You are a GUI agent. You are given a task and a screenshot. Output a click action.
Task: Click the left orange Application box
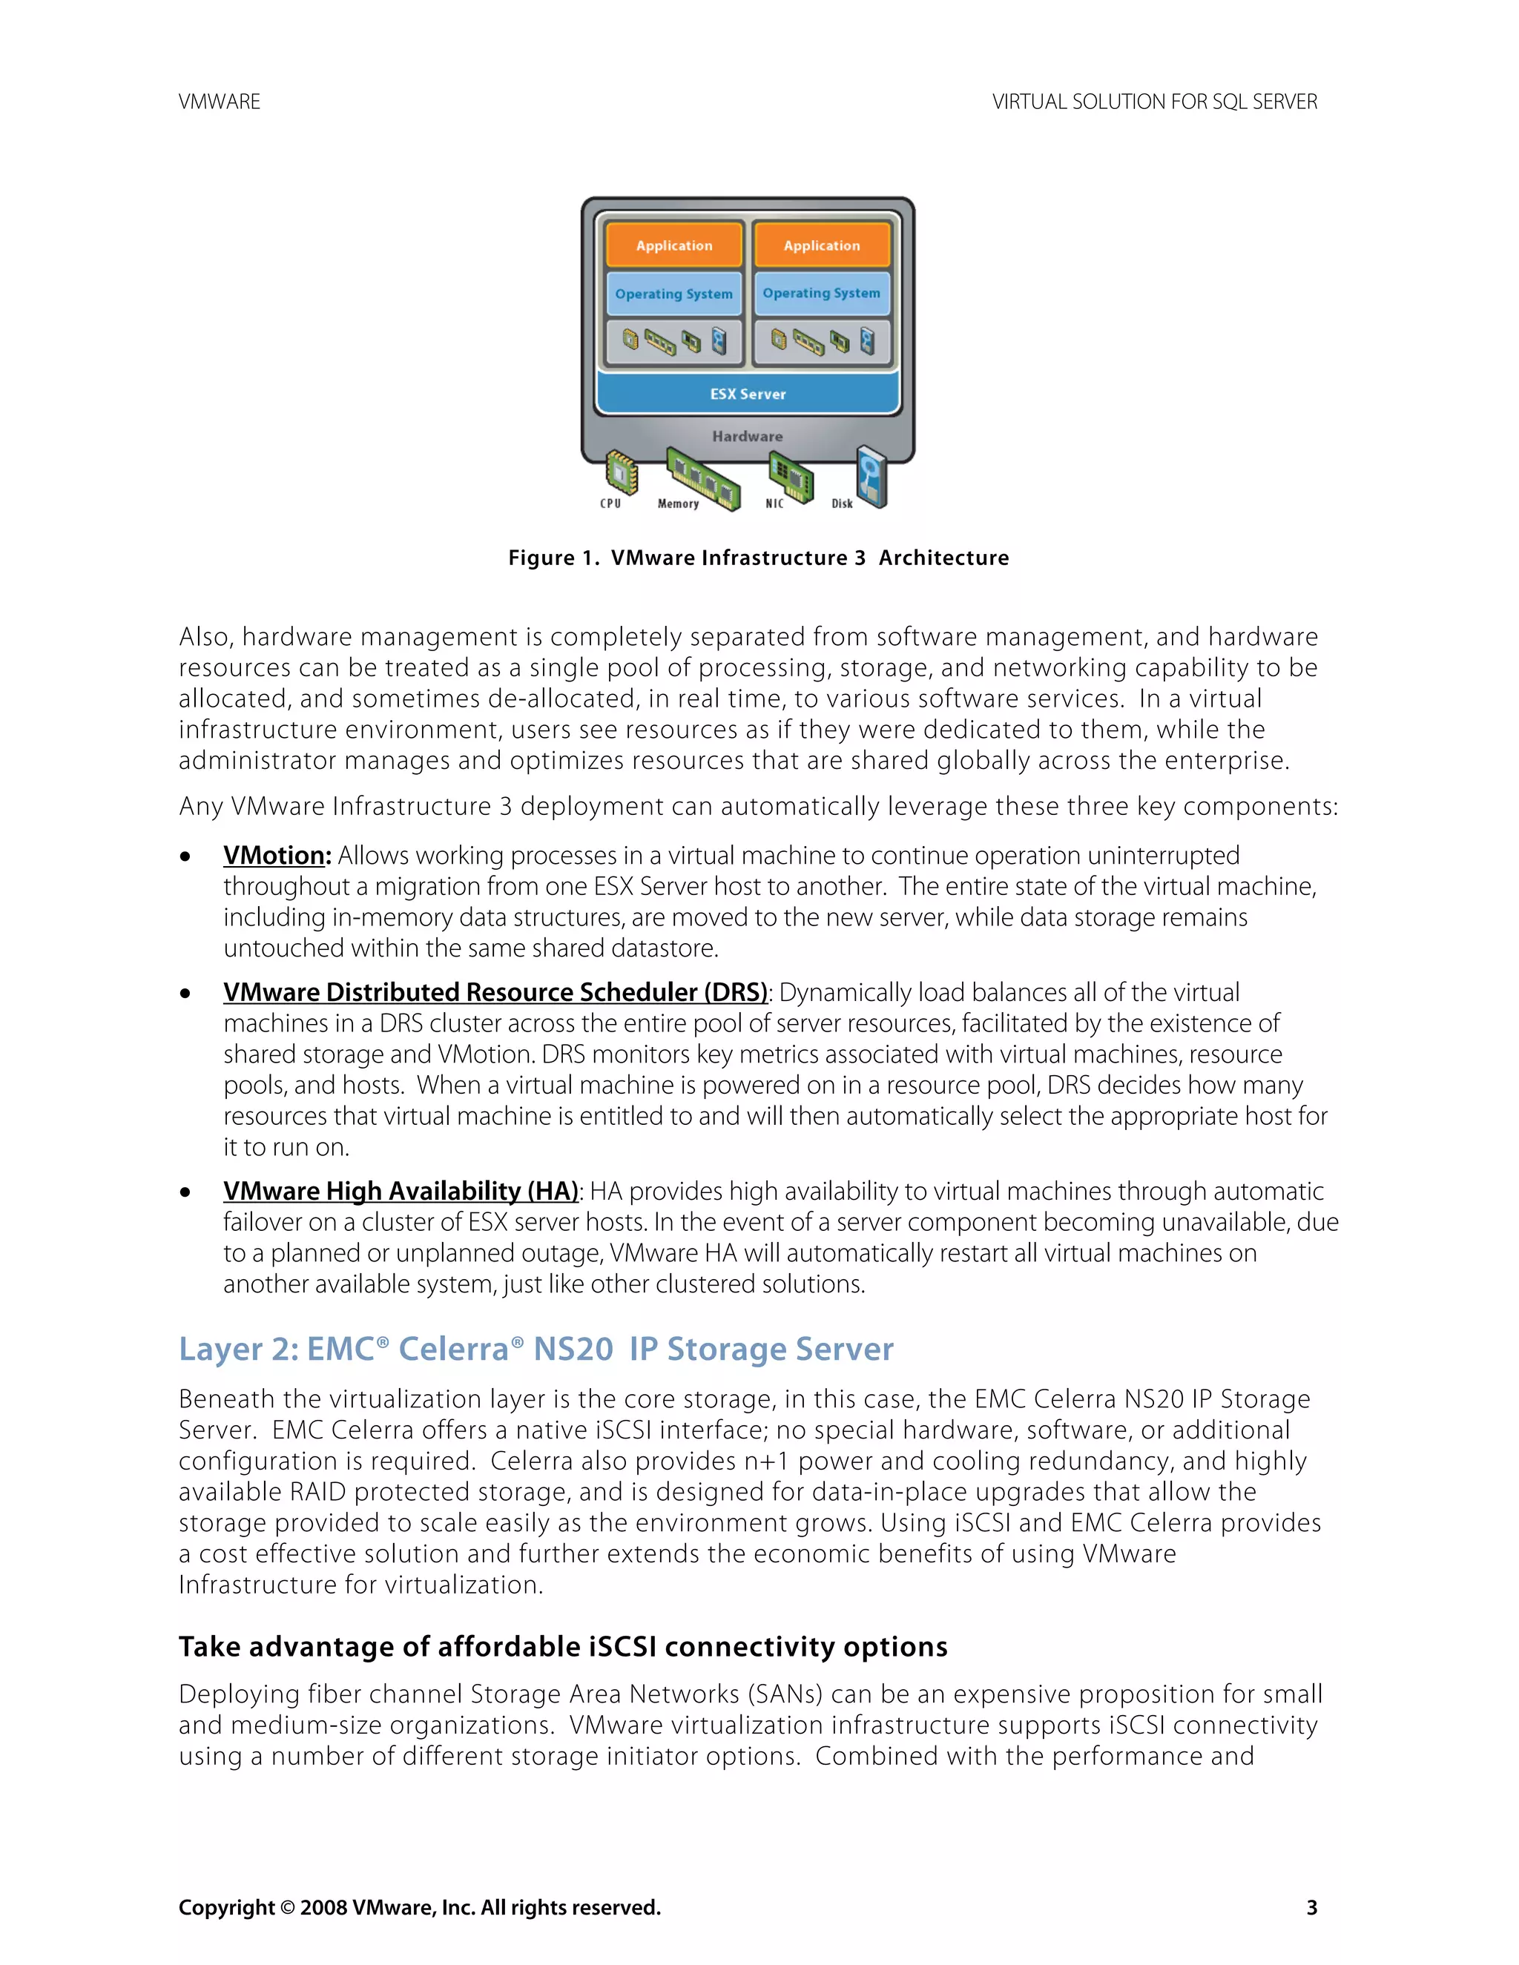pyautogui.click(x=674, y=245)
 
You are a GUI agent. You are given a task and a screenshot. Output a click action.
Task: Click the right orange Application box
pyautogui.click(x=822, y=245)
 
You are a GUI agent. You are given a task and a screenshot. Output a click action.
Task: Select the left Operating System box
pyautogui.click(x=674, y=294)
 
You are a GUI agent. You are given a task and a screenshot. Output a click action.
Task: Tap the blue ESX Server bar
pyautogui.click(x=748, y=394)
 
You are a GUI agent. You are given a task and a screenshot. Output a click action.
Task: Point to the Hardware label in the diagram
pyautogui.click(x=748, y=436)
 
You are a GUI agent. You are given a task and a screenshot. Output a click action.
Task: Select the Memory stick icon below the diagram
pyautogui.click(x=704, y=478)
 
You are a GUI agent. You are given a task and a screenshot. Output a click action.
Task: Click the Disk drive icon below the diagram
pyautogui.click(x=871, y=476)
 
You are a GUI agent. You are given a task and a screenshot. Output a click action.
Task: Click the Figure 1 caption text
pyautogui.click(x=759, y=558)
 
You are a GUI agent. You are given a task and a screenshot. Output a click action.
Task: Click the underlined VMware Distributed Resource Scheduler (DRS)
pyautogui.click(x=495, y=992)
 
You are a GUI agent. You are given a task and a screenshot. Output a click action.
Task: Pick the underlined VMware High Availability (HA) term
pyautogui.click(x=401, y=1192)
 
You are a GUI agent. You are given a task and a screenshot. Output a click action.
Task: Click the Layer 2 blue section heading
pyautogui.click(x=536, y=1350)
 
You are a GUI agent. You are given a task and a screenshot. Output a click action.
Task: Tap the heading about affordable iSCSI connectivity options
pyautogui.click(x=562, y=1646)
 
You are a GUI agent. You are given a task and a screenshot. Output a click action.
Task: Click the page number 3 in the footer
pyautogui.click(x=1312, y=1907)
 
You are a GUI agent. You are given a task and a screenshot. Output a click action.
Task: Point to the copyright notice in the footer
pyautogui.click(x=419, y=1907)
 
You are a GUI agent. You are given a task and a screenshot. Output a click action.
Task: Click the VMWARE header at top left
pyautogui.click(x=220, y=102)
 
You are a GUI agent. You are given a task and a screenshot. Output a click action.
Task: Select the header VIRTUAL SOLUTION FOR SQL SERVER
pyautogui.click(x=1155, y=102)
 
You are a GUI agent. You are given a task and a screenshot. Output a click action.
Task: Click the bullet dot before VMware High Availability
pyautogui.click(x=185, y=1193)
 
